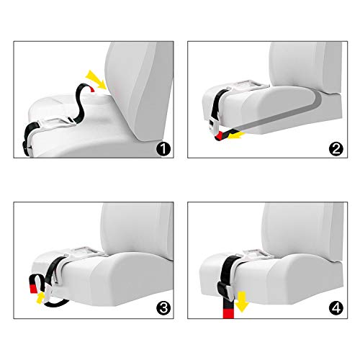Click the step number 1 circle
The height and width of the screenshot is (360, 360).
tap(163, 149)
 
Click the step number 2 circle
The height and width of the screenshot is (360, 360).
tap(336, 149)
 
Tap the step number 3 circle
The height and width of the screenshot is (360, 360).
tap(163, 307)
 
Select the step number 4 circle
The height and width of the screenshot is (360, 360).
tap(336, 307)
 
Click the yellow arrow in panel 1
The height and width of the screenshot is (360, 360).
tap(96, 79)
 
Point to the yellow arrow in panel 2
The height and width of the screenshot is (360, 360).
tap(235, 136)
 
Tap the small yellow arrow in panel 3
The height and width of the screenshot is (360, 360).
tap(40, 297)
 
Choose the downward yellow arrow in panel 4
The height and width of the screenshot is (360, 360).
tap(242, 302)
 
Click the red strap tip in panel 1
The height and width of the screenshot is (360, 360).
tap(92, 89)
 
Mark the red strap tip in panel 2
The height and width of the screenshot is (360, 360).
tap(220, 137)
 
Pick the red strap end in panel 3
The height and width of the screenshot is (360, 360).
tap(33, 288)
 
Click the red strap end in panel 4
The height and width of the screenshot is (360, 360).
tap(228, 314)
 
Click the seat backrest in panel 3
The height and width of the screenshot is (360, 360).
tap(137, 230)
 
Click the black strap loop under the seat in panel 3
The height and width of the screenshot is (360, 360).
tap(56, 305)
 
